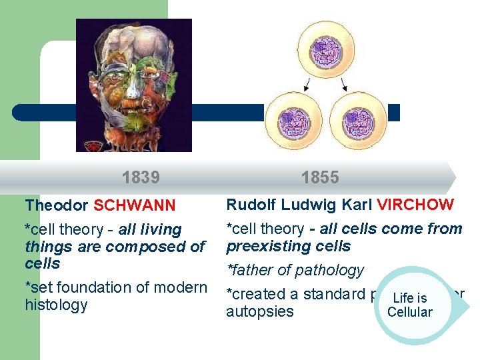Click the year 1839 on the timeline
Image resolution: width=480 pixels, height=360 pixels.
point(141,177)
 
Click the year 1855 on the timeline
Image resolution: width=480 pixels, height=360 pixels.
point(320,177)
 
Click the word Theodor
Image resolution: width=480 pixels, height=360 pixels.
point(57,206)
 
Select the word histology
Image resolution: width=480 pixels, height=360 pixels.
point(56,305)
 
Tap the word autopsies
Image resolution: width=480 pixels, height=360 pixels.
point(260,311)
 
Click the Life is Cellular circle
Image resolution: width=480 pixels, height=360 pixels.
point(409,305)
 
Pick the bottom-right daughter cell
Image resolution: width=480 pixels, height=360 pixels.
point(358,120)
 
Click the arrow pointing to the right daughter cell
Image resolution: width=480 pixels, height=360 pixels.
point(344,84)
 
